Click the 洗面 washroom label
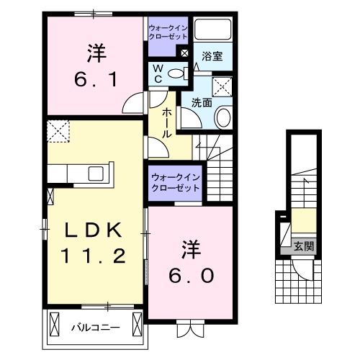pos(201,102)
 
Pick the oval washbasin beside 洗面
pos(223,118)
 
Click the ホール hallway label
pos(166,123)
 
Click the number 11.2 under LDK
pos(95,255)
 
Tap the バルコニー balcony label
pos(94,328)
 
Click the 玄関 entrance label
pos(303,246)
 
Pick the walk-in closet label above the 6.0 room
pos(176,182)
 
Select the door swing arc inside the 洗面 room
pos(188,120)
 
